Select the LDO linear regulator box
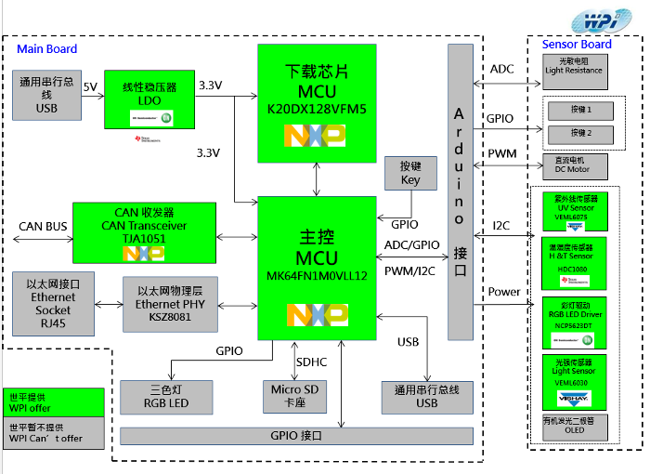pyautogui.click(x=150, y=99)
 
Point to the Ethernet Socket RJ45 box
pyautogui.click(x=53, y=304)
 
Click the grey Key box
pyautogui.click(x=409, y=174)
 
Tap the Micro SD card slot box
pyautogui.click(x=294, y=396)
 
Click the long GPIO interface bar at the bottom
pyautogui.click(x=296, y=435)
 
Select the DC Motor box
pyautogui.click(x=574, y=165)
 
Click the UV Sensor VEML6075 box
pyautogui.click(x=573, y=211)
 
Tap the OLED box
pyautogui.click(x=573, y=427)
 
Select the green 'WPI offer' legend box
pyautogui.click(x=53, y=402)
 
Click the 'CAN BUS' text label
pyautogui.click(x=43, y=227)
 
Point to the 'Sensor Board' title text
pyautogui.click(x=577, y=44)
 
